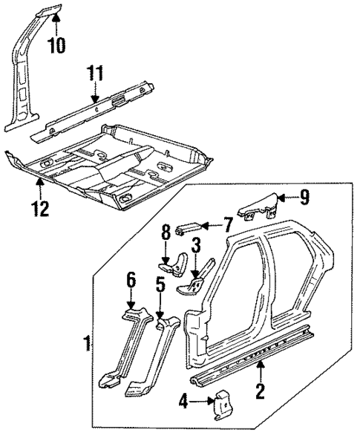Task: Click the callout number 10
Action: point(56,45)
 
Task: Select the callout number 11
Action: point(94,74)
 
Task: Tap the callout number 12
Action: point(40,209)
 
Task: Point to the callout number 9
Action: point(304,197)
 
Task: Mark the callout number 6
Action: point(131,280)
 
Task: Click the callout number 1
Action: point(88,344)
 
